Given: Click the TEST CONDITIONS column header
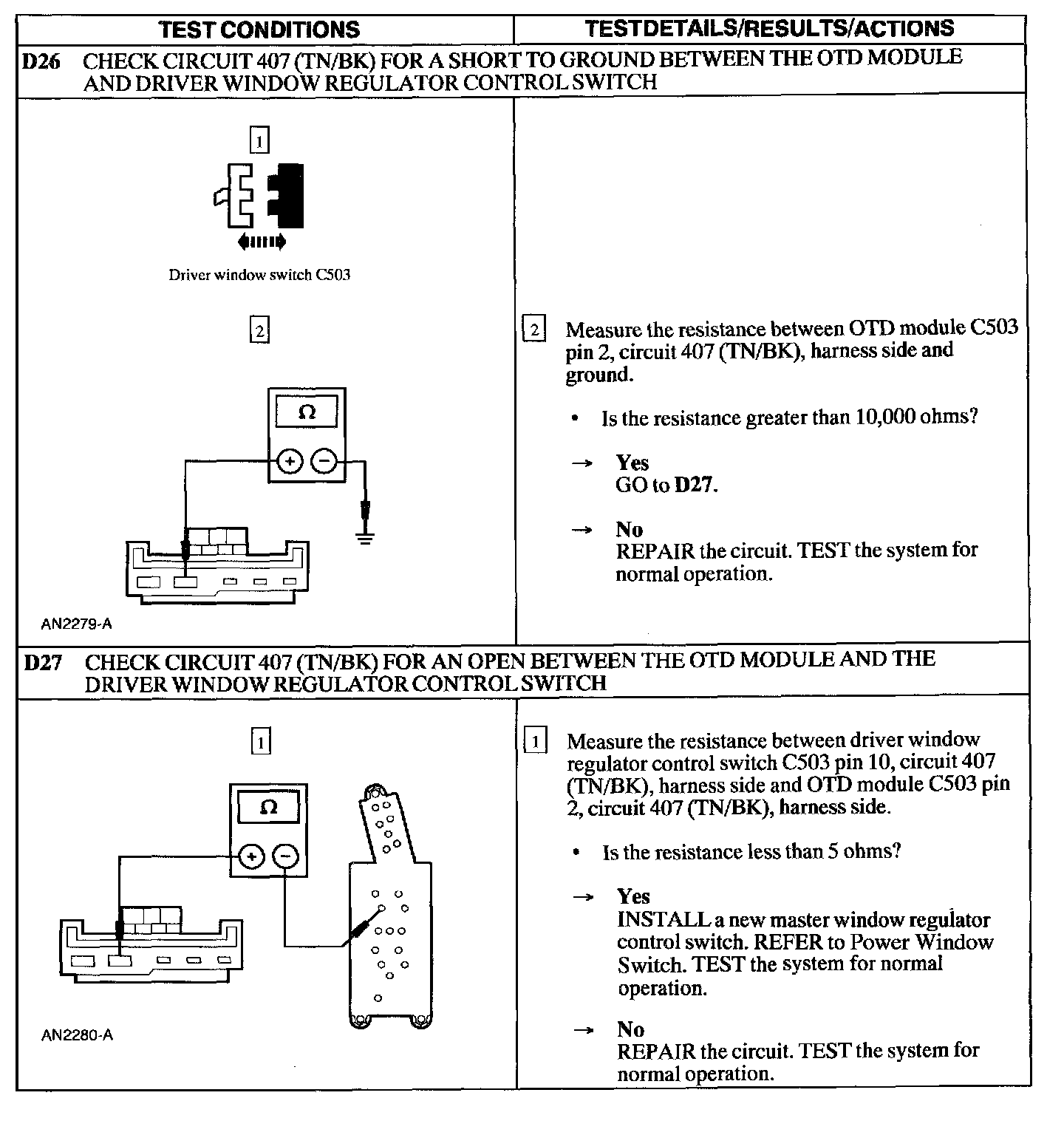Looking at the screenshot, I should point(259,30).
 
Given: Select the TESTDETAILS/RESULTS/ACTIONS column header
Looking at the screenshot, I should point(769,29).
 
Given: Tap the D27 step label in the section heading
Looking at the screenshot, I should point(42,662).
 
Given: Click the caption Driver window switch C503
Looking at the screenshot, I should point(259,275).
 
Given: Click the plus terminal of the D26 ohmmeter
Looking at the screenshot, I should point(290,463).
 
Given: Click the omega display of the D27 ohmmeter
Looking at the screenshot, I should point(269,807).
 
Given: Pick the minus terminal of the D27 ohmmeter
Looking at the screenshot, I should point(286,856).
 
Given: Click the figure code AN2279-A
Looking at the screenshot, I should point(77,624).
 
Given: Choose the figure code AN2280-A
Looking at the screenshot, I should point(77,1035).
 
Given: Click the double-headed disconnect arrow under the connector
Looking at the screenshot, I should point(262,242).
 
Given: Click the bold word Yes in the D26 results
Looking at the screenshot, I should point(632,463).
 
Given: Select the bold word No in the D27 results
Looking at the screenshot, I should point(631,1029).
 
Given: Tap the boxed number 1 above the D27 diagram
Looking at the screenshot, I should point(261,741).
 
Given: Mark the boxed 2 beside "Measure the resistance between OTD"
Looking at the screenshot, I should point(534,329).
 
